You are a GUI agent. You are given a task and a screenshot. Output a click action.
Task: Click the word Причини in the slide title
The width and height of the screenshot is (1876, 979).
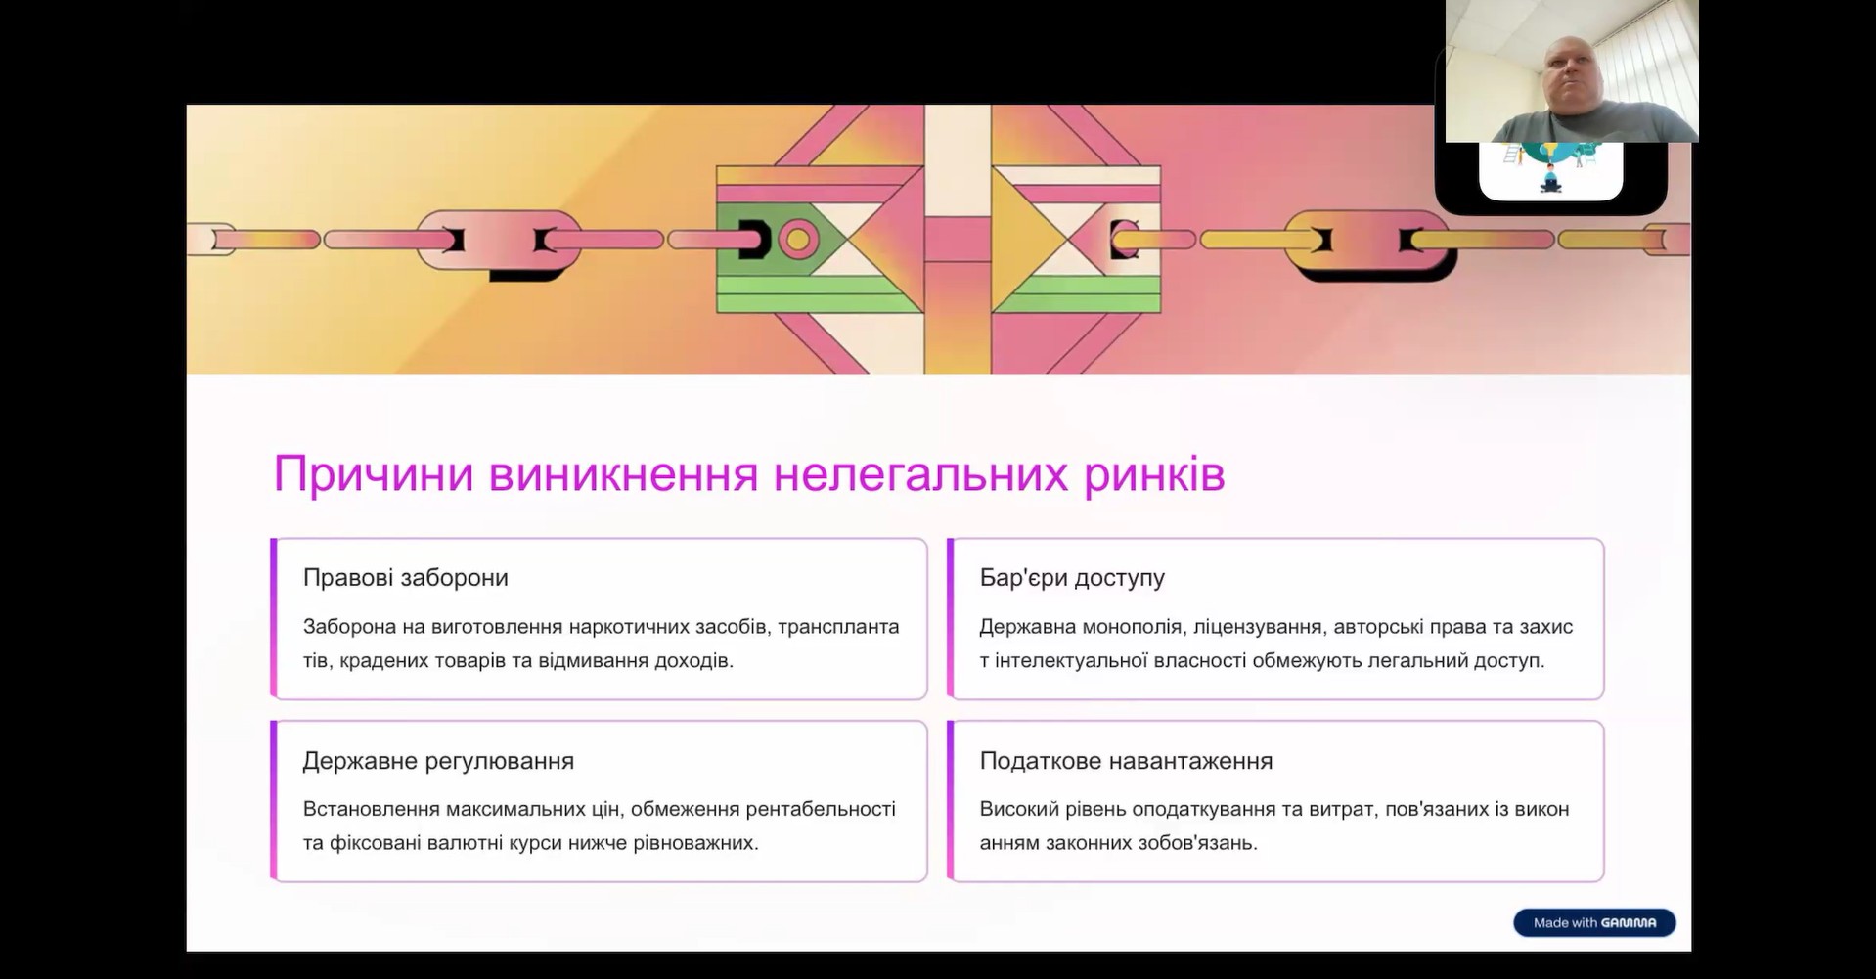pos(374,475)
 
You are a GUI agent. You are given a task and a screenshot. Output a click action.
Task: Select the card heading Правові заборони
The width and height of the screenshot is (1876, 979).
pos(406,577)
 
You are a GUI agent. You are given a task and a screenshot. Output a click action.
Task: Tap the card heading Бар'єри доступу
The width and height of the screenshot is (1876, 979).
pos(1072,577)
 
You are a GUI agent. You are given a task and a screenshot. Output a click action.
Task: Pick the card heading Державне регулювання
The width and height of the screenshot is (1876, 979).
pos(438,761)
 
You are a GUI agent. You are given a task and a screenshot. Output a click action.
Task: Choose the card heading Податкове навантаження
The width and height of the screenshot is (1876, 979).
pos(1126,761)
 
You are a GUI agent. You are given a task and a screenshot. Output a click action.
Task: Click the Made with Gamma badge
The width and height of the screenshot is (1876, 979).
pos(1594,922)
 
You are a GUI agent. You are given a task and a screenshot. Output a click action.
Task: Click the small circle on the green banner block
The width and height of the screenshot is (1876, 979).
pos(797,239)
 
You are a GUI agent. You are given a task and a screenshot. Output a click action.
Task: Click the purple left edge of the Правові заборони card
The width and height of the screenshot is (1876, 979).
pos(274,618)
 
